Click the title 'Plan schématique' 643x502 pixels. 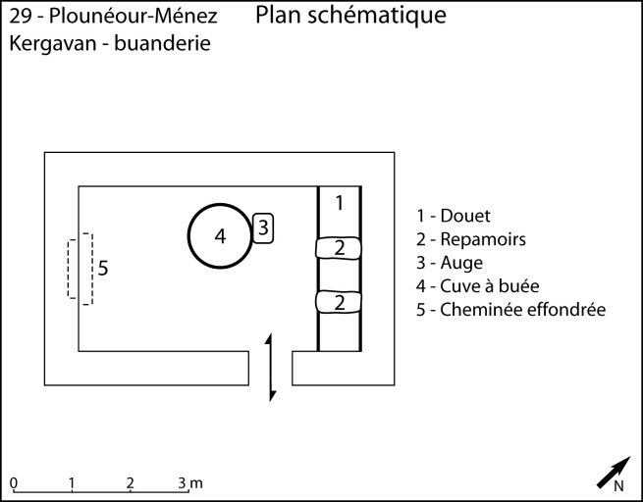coord(350,16)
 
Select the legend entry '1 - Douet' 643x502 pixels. coord(454,216)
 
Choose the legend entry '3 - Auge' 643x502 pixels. coord(450,263)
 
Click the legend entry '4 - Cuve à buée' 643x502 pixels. coord(478,286)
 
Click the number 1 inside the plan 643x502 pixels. coord(339,203)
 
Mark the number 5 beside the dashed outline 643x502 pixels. coord(103,267)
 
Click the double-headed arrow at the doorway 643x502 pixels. coord(271,367)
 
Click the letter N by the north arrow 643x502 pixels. coord(619,485)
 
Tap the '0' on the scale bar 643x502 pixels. coord(14,482)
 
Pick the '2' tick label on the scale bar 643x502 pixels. coord(130,482)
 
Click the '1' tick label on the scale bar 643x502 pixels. coord(72,482)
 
